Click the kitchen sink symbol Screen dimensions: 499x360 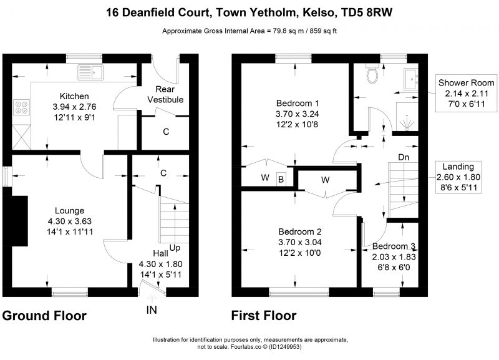[90, 72]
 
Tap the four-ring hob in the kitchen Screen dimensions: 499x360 [21, 107]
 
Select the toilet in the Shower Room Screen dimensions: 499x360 [372, 74]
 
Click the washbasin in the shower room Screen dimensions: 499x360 [411, 79]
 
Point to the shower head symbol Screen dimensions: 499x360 [407, 124]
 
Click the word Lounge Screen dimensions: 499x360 [69, 210]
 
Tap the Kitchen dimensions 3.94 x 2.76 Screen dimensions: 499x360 [74, 107]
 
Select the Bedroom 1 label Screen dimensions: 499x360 [298, 103]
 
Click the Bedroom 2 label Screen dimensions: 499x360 [300, 231]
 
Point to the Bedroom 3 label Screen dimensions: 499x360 [394, 246]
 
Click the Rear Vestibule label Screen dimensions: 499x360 [165, 94]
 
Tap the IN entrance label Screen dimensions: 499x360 [152, 309]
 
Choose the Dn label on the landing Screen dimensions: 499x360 [404, 157]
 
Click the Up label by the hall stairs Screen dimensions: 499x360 [175, 248]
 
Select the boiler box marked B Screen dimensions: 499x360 [281, 179]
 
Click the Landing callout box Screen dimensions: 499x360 [458, 177]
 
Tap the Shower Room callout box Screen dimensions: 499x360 [466, 93]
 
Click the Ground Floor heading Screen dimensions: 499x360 [44, 316]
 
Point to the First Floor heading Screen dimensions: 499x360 [264, 316]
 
